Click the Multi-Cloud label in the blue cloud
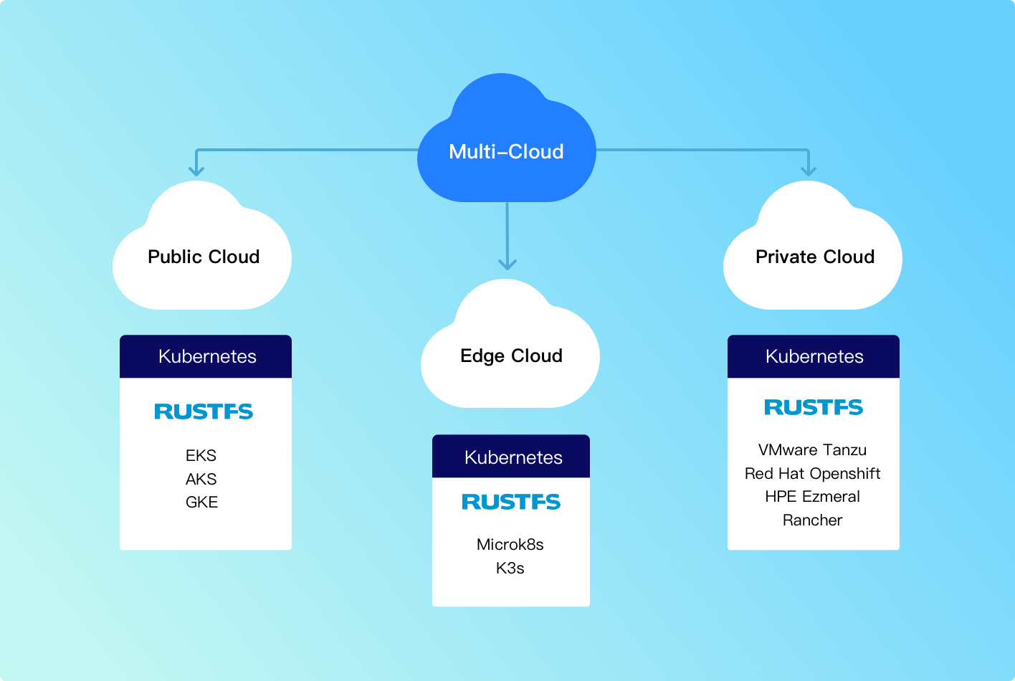(x=506, y=152)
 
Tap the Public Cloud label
(x=204, y=257)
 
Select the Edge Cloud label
(x=511, y=356)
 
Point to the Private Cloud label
(x=815, y=257)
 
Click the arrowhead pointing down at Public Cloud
(x=196, y=171)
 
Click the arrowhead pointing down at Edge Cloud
(x=507, y=264)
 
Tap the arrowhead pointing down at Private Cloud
(x=809, y=171)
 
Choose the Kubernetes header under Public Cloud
(x=206, y=356)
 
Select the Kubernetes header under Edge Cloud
(x=513, y=457)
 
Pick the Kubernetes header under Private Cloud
(x=814, y=356)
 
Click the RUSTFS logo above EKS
(x=204, y=411)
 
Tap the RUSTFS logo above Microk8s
(x=511, y=502)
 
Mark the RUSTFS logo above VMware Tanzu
(x=814, y=407)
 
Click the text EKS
(x=201, y=455)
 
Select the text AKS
(x=201, y=479)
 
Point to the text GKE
(x=201, y=502)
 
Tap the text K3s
(x=510, y=568)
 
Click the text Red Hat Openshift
(x=812, y=473)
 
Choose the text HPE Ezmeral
(x=812, y=496)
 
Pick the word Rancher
(x=812, y=520)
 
